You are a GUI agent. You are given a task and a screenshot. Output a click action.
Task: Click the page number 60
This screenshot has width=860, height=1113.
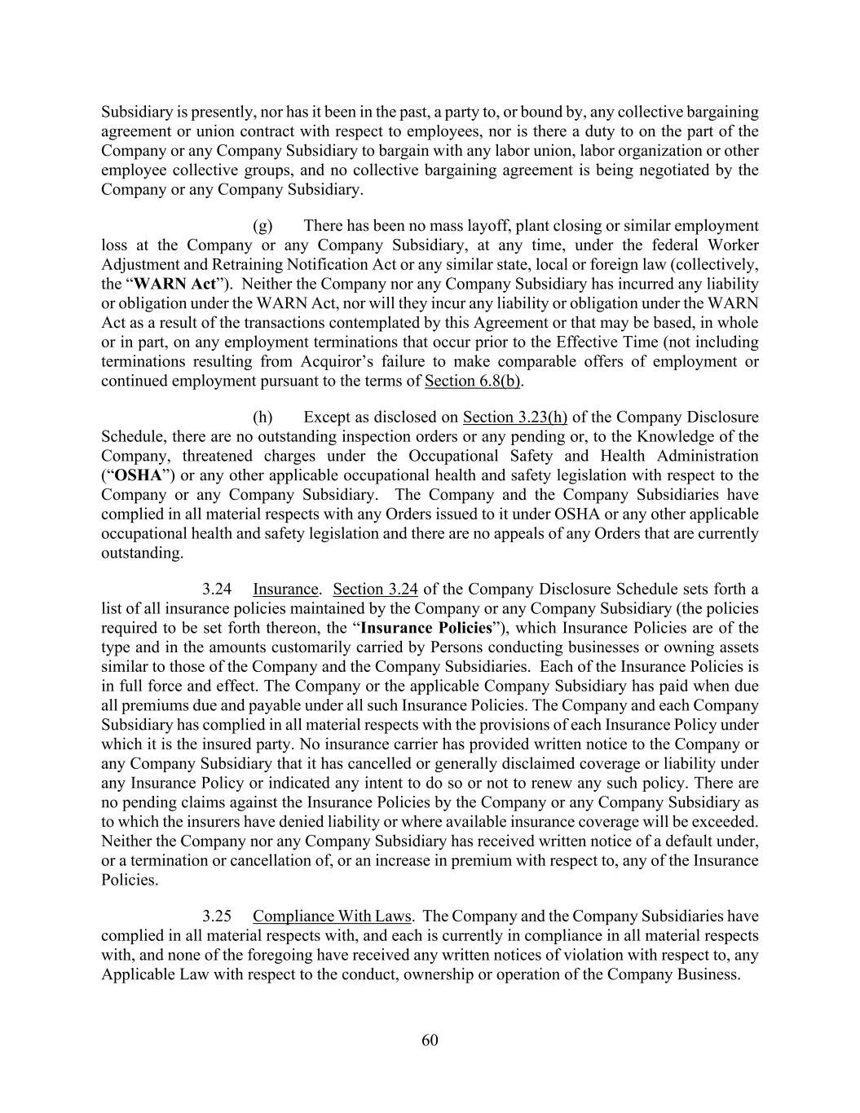click(x=430, y=1040)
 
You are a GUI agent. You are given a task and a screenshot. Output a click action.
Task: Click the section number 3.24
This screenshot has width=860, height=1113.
click(x=217, y=589)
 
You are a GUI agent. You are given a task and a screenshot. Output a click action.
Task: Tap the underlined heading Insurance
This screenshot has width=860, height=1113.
click(x=284, y=589)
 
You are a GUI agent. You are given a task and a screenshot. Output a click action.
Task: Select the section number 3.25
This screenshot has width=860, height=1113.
click(x=217, y=916)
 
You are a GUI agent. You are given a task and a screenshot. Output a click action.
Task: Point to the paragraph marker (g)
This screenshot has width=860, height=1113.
click(x=262, y=226)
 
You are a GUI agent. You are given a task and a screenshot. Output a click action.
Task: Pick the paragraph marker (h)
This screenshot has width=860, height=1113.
click(x=262, y=417)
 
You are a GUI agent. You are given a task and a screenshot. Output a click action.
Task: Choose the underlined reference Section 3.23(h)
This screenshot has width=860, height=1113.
click(x=514, y=417)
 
